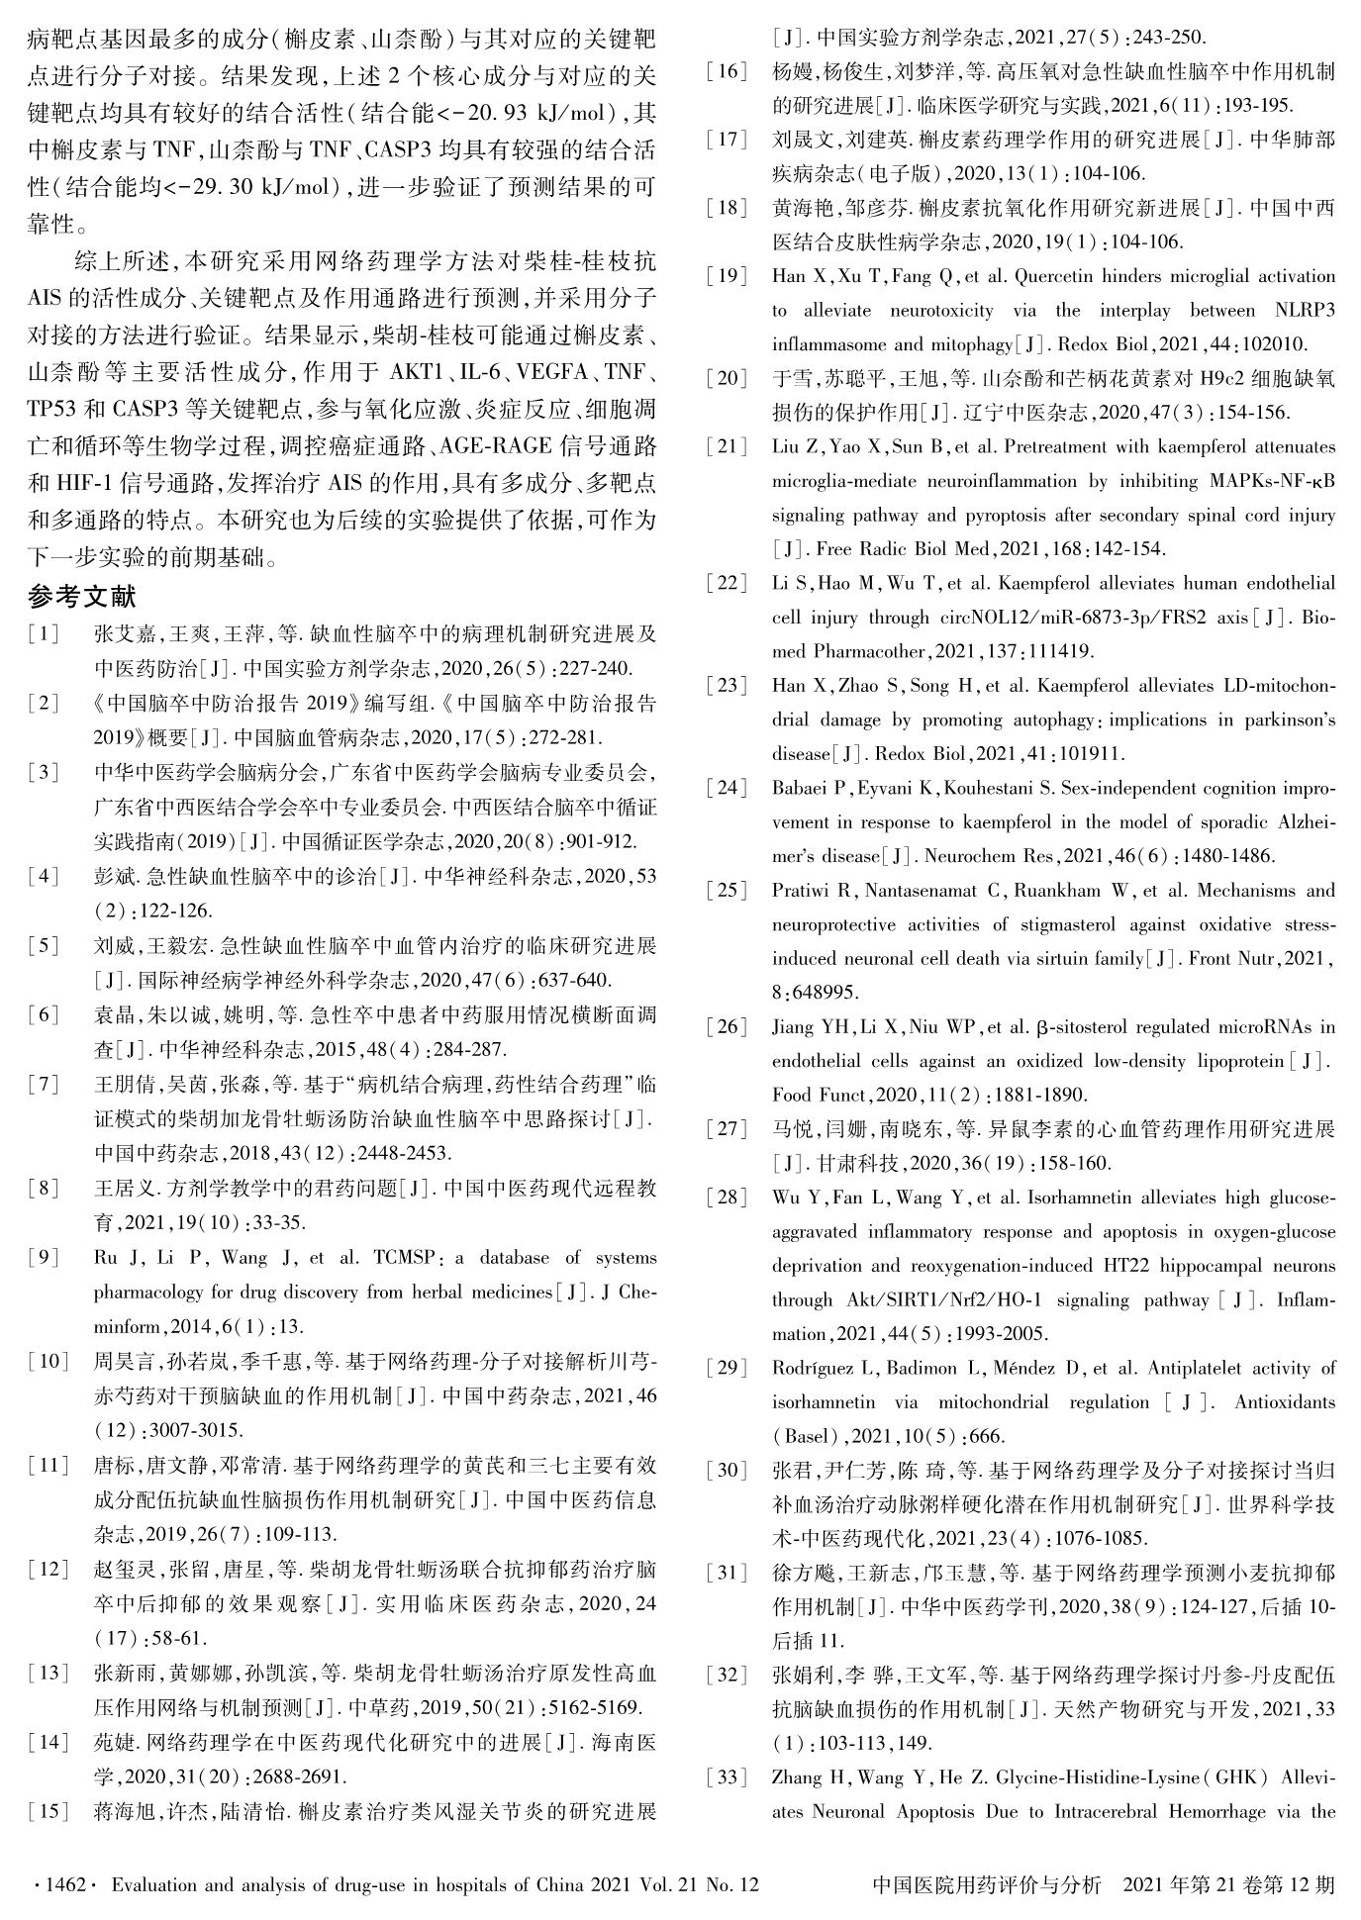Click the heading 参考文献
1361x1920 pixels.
(x=81, y=597)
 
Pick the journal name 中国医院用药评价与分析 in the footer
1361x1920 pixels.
(x=988, y=1884)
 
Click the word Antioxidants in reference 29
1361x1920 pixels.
(x=1286, y=1402)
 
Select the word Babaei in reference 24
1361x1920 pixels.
(x=801, y=788)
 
